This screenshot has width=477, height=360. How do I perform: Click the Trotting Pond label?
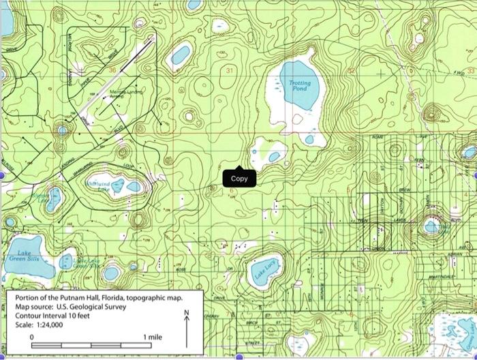tap(299, 85)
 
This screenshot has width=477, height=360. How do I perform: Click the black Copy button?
tap(239, 179)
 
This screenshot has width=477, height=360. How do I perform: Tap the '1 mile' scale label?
tap(153, 337)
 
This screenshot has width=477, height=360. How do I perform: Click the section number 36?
tap(113, 70)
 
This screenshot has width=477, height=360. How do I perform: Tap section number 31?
tap(230, 70)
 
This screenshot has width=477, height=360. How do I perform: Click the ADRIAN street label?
tap(456, 253)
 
